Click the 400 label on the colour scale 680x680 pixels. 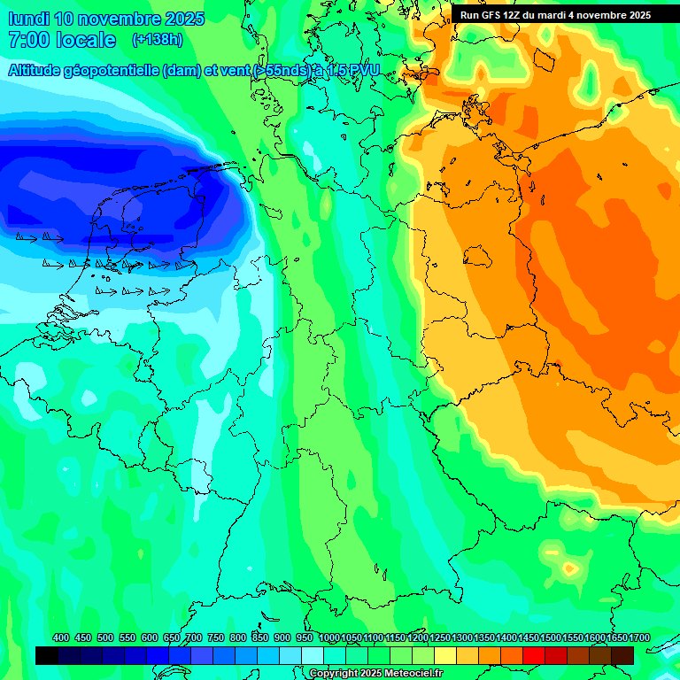click(61, 638)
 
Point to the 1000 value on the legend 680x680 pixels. click(329, 638)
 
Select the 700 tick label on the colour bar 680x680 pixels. click(194, 638)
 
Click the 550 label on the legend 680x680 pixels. click(127, 638)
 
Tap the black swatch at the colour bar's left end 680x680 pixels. click(47, 655)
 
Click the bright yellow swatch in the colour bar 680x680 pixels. click(445, 655)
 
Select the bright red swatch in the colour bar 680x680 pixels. click(534, 655)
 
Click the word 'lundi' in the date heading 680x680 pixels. click(27, 19)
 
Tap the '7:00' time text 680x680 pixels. click(27, 40)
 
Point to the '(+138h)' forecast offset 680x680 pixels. click(157, 40)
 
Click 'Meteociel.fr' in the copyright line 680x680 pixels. click(410, 674)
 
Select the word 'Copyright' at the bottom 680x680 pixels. click(334, 674)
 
